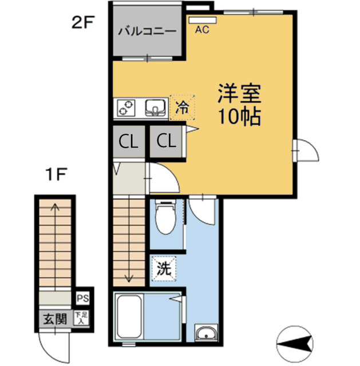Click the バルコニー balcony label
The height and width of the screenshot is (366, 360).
(x=147, y=31)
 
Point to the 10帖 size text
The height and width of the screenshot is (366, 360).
(x=239, y=117)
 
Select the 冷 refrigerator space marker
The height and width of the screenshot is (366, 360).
(x=182, y=106)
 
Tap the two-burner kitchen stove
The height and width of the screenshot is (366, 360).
(x=127, y=106)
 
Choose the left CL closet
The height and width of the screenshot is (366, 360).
(x=128, y=141)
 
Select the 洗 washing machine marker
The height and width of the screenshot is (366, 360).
(x=164, y=270)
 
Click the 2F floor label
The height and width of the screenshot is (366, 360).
(x=83, y=23)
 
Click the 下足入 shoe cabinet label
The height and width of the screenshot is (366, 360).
(x=84, y=318)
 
